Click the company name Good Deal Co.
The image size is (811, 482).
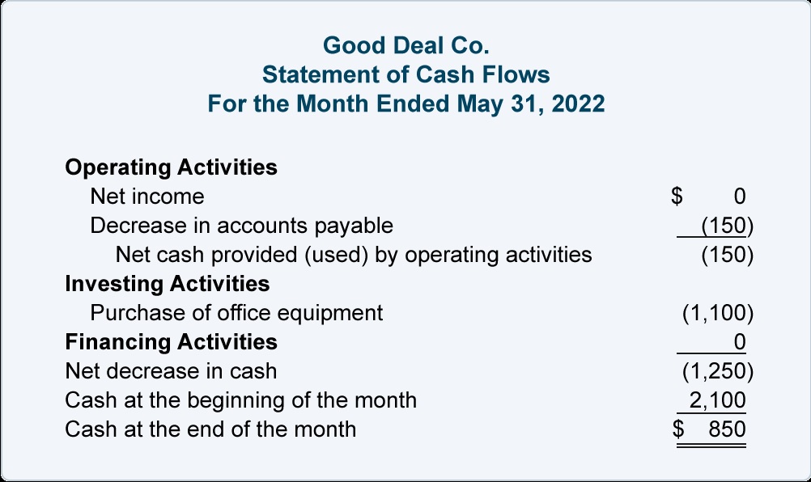tap(405, 45)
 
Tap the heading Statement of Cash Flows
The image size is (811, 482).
tap(406, 74)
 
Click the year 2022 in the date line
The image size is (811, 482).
tap(578, 104)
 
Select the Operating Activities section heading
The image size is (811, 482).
tap(172, 167)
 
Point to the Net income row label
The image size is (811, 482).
tap(147, 197)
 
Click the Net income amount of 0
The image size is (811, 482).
tap(740, 197)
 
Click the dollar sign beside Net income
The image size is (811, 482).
tap(677, 197)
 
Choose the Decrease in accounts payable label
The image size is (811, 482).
tap(241, 226)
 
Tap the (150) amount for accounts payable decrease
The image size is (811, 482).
tap(727, 226)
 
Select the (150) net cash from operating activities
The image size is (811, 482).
tap(727, 255)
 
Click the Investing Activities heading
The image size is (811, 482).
tap(168, 284)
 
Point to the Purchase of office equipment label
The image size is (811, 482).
tap(236, 313)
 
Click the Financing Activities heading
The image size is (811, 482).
tap(172, 342)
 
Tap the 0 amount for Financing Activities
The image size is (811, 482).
tap(740, 342)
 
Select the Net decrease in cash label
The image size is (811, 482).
tap(171, 371)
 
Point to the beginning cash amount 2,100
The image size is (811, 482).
tap(717, 400)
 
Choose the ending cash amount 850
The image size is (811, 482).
tap(727, 429)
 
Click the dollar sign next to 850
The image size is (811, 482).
tap(678, 429)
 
